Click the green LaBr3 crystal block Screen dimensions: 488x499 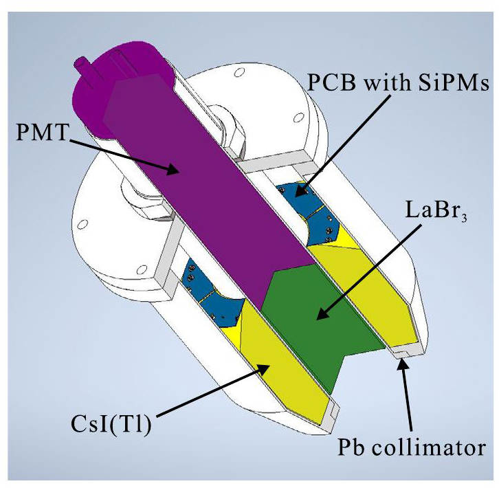323,323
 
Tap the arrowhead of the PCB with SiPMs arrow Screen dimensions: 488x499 297,195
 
